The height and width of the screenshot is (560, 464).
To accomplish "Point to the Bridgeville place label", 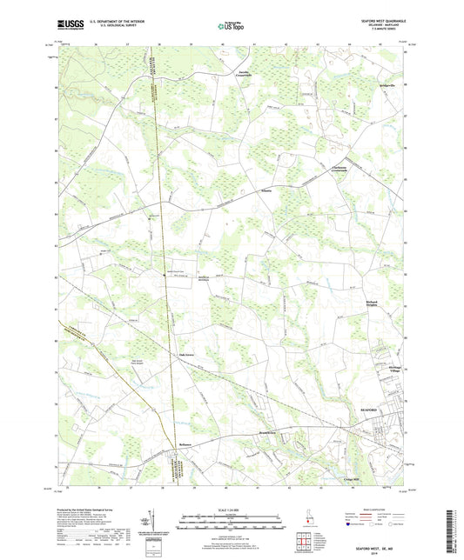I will (x=392, y=88).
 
